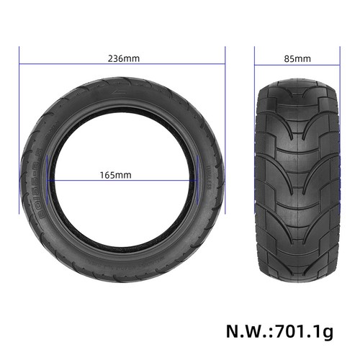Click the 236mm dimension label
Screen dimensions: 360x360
click(x=124, y=58)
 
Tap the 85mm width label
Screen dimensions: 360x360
click(x=297, y=59)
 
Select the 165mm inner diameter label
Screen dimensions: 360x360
click(x=116, y=175)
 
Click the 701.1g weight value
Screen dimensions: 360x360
click(x=305, y=332)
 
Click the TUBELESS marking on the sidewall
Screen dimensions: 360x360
click(x=209, y=178)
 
